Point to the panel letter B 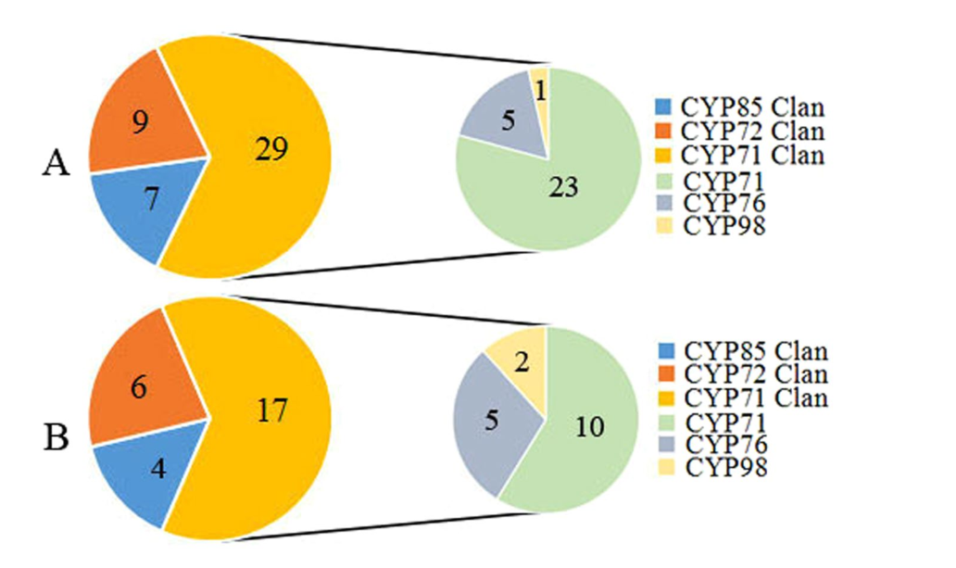pos(57,437)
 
